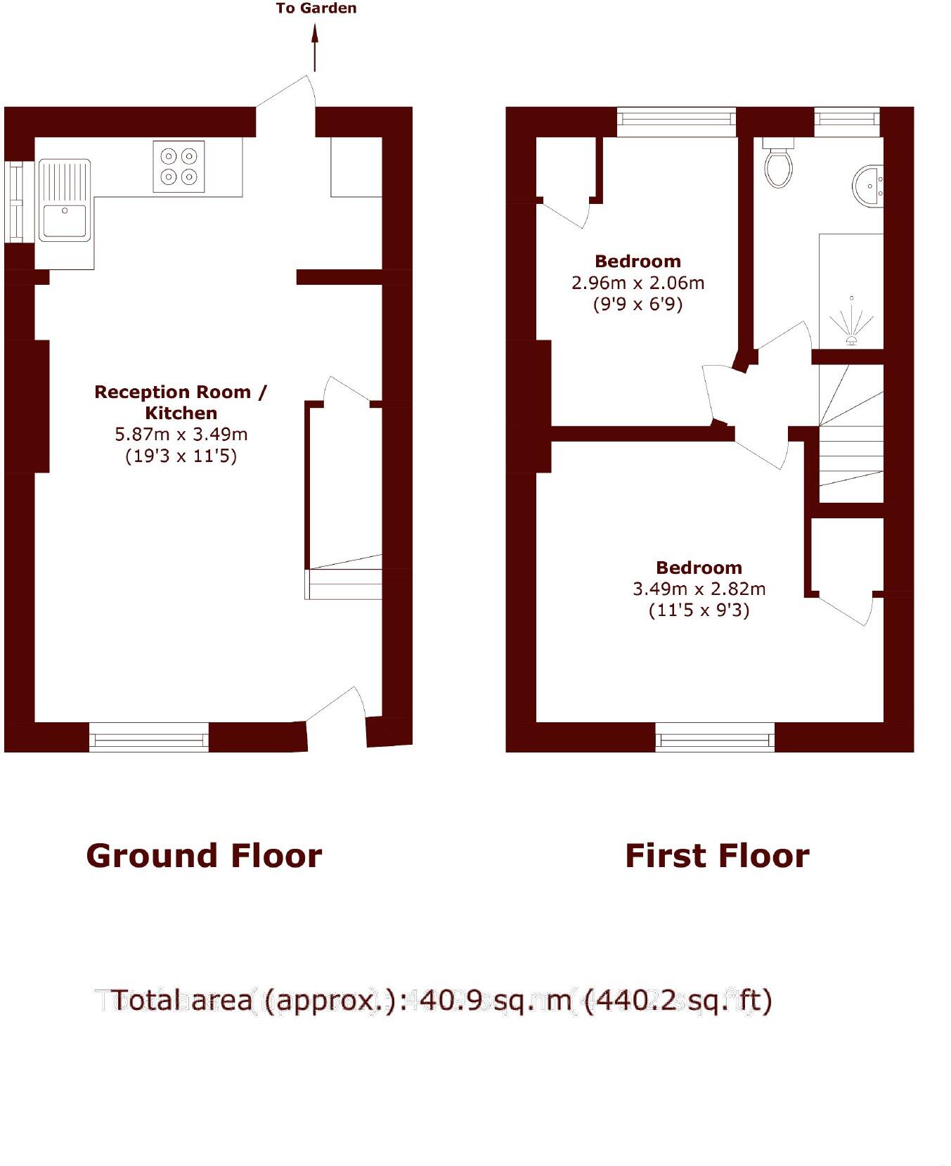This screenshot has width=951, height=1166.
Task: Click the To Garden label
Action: [316, 8]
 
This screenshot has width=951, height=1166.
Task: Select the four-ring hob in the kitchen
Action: [179, 167]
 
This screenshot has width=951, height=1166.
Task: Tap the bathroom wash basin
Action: [869, 187]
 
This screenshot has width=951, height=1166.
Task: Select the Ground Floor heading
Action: [204, 856]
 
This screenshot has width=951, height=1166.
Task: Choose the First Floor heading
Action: [717, 856]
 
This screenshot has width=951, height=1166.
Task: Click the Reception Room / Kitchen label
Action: [181, 402]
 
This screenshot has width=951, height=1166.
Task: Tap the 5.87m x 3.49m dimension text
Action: [181, 435]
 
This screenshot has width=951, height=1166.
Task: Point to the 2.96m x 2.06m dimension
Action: [638, 283]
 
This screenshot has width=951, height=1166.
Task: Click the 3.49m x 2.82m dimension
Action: [699, 589]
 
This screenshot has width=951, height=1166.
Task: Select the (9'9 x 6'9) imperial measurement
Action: [638, 305]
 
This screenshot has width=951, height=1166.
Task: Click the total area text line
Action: [441, 999]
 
